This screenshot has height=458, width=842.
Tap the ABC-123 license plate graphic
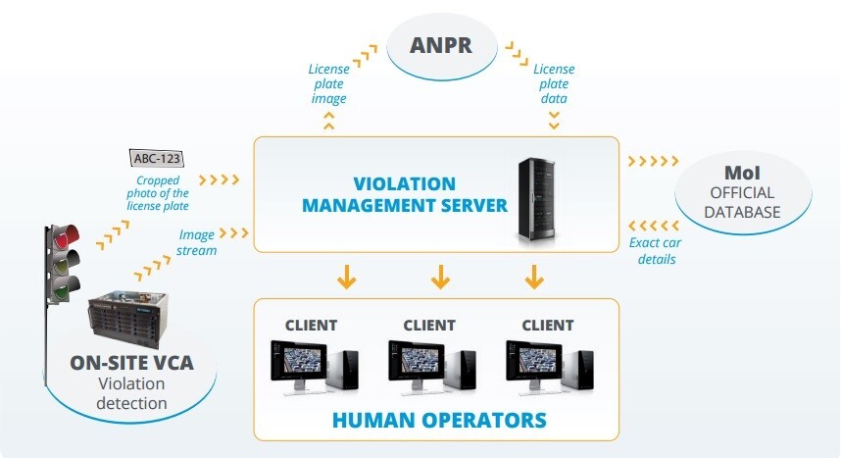click(x=157, y=158)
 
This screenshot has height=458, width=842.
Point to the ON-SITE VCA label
click(x=131, y=363)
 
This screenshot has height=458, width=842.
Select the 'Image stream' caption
click(x=196, y=242)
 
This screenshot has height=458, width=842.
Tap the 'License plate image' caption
click(x=328, y=84)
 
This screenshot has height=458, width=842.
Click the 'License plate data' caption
click(x=554, y=84)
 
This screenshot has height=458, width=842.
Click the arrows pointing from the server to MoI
click(x=652, y=160)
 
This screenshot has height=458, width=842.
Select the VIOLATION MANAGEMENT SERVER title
click(x=405, y=194)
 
